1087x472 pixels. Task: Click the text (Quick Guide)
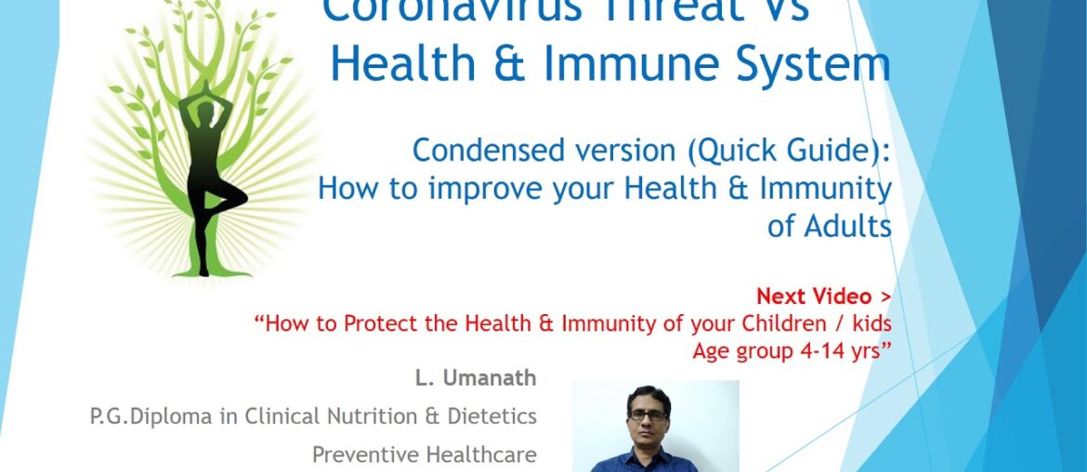792,151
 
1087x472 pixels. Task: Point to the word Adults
830,226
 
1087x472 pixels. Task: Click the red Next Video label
823,296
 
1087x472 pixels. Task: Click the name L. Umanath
476,378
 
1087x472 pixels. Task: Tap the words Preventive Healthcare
424,454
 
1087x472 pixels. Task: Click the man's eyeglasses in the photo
647,414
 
